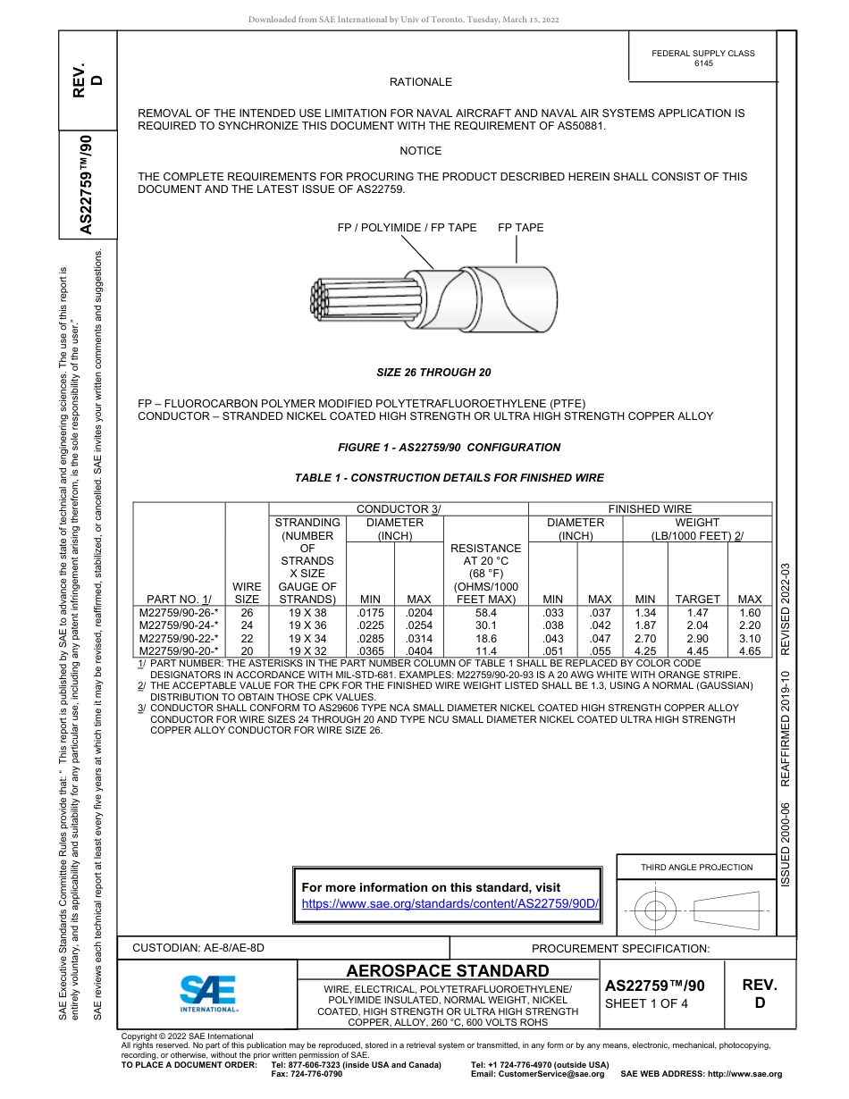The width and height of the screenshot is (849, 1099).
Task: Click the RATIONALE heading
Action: pyautogui.click(x=420, y=82)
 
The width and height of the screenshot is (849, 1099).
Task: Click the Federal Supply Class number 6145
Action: pyautogui.click(x=703, y=63)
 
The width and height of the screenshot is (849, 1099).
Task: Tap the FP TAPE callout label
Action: pyautogui.click(x=520, y=228)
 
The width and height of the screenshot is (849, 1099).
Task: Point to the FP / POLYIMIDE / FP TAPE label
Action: pyautogui.click(x=407, y=228)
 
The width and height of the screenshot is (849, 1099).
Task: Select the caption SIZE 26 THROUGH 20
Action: pyautogui.click(x=433, y=373)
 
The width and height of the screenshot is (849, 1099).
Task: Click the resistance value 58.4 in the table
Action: pyautogui.click(x=486, y=614)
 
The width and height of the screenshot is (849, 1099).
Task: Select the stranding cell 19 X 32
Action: pyautogui.click(x=307, y=651)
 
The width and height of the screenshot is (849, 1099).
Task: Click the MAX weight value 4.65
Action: pyautogui.click(x=750, y=651)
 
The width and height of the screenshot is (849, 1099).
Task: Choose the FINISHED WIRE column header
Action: pyautogui.click(x=650, y=509)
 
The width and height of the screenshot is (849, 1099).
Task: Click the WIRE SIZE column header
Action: pyautogui.click(x=247, y=592)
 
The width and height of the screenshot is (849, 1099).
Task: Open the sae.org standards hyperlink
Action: pyautogui.click(x=450, y=903)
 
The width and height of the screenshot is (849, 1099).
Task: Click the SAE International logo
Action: pyautogui.click(x=208, y=992)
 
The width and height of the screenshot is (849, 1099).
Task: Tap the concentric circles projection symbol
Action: pyautogui.click(x=656, y=911)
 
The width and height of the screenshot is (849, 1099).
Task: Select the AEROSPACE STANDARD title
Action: pyautogui.click(x=448, y=971)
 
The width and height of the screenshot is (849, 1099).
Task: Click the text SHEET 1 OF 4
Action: pyautogui.click(x=646, y=1003)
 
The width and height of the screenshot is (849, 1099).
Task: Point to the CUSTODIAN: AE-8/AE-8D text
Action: pyautogui.click(x=198, y=948)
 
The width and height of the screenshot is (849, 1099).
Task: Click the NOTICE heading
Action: pyautogui.click(x=420, y=151)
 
